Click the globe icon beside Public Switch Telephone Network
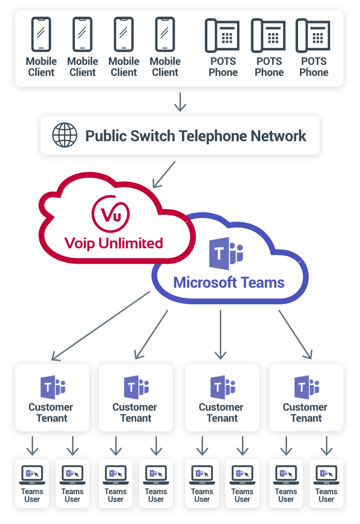point(64,135)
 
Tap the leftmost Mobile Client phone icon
point(41,34)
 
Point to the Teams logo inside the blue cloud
point(226,253)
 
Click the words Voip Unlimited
point(114,243)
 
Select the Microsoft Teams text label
point(228,282)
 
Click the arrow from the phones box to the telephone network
point(180,101)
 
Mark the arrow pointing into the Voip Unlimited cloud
point(164,174)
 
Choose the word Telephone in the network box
point(220,135)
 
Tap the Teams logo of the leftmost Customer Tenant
point(52,387)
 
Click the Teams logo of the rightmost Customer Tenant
point(307,387)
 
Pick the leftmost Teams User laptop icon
point(32,475)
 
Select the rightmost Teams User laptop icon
point(326,475)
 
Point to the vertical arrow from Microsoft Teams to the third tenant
point(221,334)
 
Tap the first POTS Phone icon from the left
point(223,35)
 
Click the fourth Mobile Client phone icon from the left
point(165,34)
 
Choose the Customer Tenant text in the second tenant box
point(135,413)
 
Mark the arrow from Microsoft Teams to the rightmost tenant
point(295,334)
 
